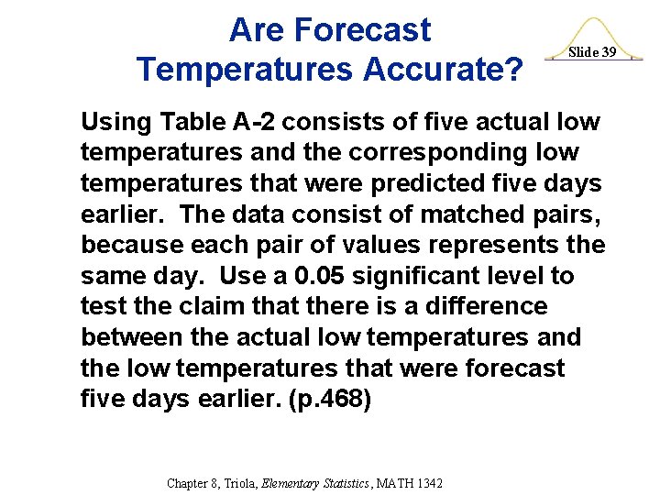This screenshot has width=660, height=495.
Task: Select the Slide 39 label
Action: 592,52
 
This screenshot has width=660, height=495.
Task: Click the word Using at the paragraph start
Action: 117,122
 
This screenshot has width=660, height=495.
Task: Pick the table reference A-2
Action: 252,121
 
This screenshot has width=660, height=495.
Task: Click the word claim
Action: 220,306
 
